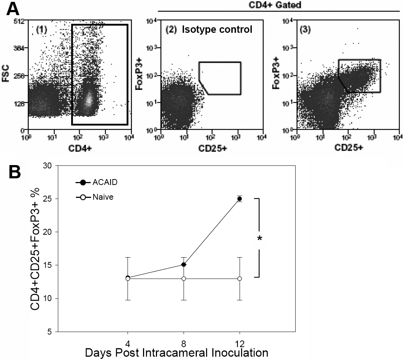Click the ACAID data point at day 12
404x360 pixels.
(x=240, y=199)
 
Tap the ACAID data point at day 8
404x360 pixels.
(x=184, y=265)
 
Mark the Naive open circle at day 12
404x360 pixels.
(x=240, y=279)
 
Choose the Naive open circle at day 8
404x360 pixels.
(x=184, y=279)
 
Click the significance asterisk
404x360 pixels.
(x=260, y=239)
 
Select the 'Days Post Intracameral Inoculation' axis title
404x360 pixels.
(x=176, y=353)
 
